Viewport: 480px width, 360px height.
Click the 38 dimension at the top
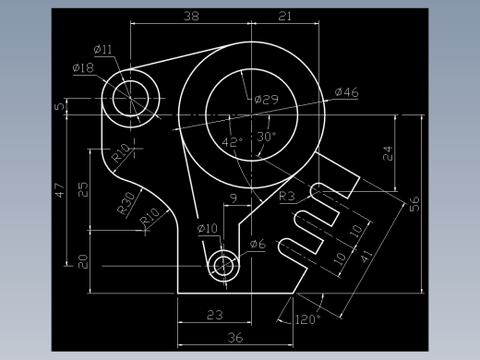pyautogui.click(x=191, y=16)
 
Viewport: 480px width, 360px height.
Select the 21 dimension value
pyautogui.click(x=284, y=16)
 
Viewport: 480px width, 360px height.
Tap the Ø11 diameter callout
pyautogui.click(x=102, y=49)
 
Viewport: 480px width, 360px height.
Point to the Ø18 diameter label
pyautogui.click(x=83, y=67)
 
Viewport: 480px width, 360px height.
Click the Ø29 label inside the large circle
pyautogui.click(x=267, y=100)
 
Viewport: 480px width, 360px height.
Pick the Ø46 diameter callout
pyautogui.click(x=347, y=92)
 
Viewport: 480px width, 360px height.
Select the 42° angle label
pyautogui.click(x=233, y=142)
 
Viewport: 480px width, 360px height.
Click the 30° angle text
pyautogui.click(x=266, y=137)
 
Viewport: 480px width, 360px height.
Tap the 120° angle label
pyautogui.click(x=307, y=319)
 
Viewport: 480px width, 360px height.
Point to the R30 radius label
pyautogui.click(x=126, y=203)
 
